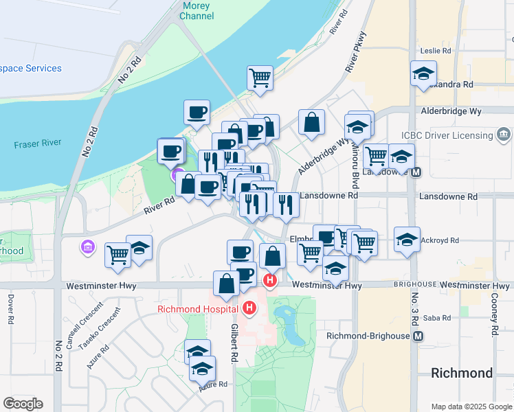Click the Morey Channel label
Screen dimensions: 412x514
click(197, 10)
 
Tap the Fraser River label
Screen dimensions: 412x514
click(38, 144)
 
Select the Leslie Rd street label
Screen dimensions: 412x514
click(436, 51)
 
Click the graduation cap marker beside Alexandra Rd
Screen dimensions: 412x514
click(423, 74)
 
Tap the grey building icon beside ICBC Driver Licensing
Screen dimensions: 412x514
click(504, 133)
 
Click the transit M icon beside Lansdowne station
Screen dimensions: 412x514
click(416, 172)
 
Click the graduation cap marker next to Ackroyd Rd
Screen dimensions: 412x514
click(407, 240)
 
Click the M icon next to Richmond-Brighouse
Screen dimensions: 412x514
click(417, 336)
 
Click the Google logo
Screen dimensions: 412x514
click(23, 404)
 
